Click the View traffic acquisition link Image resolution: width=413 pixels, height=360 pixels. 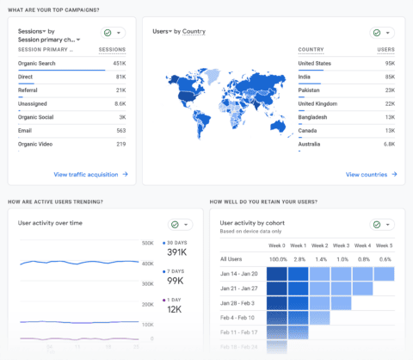pyautogui.click(x=86, y=174)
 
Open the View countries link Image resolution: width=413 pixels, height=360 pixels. pyautogui.click(x=367, y=174)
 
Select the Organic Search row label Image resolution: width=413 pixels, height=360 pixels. pyautogui.click(x=37, y=63)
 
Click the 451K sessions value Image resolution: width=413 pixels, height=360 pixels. pyautogui.click(x=119, y=63)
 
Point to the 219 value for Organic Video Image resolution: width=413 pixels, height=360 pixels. pyautogui.click(x=120, y=144)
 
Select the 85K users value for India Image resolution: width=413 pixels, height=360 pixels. pyautogui.click(x=388, y=77)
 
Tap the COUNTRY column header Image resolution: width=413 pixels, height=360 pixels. pyautogui.click(x=311, y=50)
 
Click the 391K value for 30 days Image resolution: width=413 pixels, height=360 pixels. pyautogui.click(x=177, y=252)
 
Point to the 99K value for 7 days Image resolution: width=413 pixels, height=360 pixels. pyautogui.click(x=175, y=281)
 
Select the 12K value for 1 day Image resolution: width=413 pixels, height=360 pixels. pyautogui.click(x=175, y=309)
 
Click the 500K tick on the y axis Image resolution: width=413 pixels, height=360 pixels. pyautogui.click(x=147, y=243)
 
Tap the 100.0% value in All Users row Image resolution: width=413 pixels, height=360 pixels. pyautogui.click(x=277, y=258)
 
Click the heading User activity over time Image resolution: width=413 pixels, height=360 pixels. pyautogui.click(x=50, y=222)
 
